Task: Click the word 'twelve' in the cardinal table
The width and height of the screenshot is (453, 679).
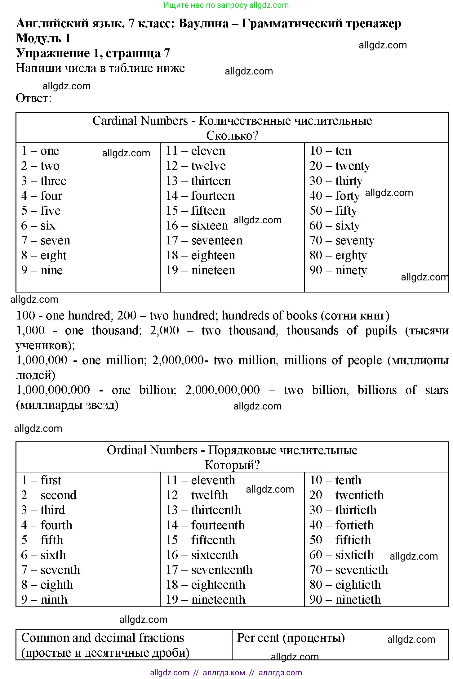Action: pos(208,166)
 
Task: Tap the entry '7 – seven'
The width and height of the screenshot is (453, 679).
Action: pos(46,240)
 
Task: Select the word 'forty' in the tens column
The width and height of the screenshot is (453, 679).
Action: pos(347,196)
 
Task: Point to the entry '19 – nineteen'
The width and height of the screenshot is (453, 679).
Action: pos(200,270)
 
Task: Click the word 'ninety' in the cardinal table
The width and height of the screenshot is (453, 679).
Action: pos(351,270)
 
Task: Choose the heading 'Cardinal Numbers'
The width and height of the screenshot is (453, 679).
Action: pos(140,121)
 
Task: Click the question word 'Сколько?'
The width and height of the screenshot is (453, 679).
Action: pos(232,136)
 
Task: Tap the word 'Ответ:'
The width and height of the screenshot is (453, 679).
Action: pos(33,98)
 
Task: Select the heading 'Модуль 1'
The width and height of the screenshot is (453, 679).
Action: pos(43,38)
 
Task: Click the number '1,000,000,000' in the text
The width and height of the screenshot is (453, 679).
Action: pos(53,390)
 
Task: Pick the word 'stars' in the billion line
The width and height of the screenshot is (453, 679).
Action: pos(437,390)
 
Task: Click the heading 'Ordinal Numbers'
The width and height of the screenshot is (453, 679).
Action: pos(152,450)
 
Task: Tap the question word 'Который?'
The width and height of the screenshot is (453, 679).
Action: pos(232,465)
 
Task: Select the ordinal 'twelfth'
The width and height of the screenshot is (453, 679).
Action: pos(210,495)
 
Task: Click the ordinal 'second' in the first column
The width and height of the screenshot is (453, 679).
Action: pos(59,495)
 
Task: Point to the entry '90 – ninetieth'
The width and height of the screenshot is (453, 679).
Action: pos(345,599)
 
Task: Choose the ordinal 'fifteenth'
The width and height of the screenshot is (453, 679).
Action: pos(213,540)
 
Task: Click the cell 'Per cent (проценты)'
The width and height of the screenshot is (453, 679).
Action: pos(291,638)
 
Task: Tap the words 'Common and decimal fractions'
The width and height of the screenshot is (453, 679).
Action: pos(103,638)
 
